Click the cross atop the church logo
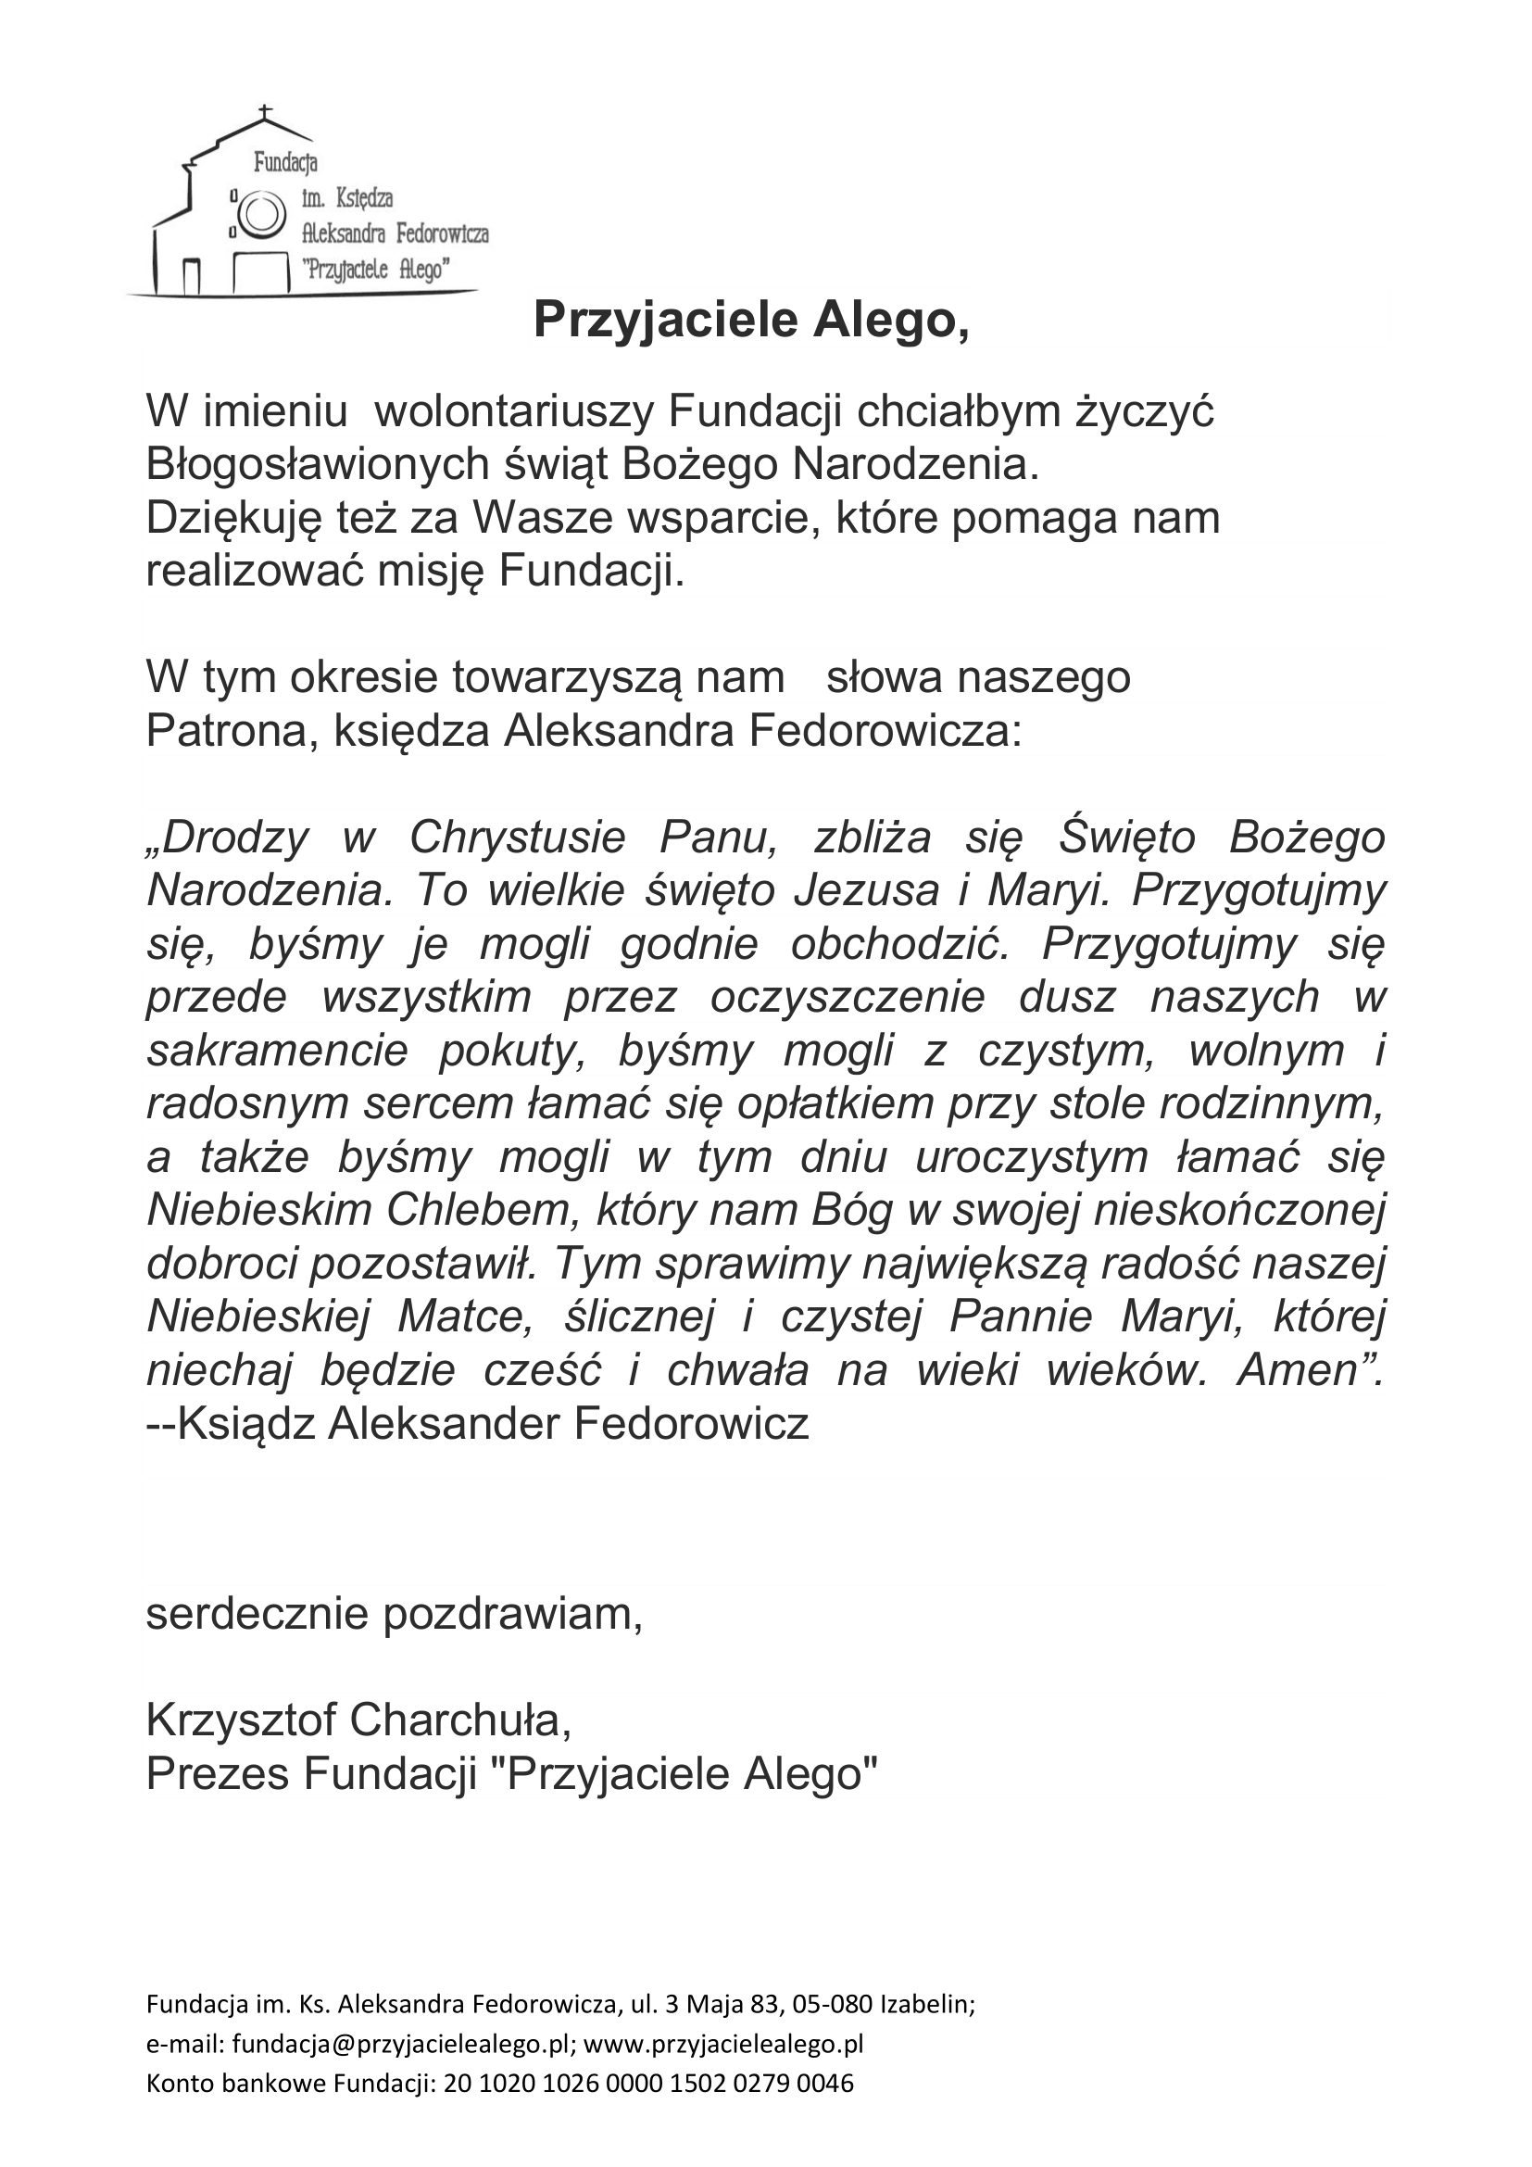265,113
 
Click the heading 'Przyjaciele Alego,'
751,321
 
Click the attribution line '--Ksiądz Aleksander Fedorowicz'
478,1423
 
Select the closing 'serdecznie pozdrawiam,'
395,1614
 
